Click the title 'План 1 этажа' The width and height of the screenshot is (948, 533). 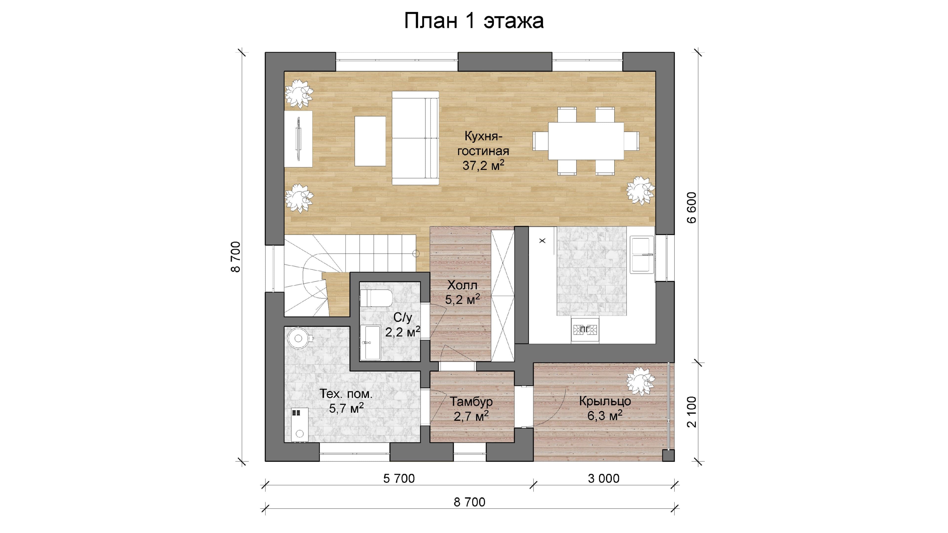click(474, 20)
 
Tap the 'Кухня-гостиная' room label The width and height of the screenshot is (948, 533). click(483, 143)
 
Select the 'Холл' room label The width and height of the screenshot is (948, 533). click(462, 285)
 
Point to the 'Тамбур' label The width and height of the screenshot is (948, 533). click(471, 402)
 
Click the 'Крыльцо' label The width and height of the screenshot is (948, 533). click(605, 401)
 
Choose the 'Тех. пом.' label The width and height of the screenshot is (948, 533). click(346, 394)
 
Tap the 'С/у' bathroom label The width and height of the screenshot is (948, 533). click(403, 317)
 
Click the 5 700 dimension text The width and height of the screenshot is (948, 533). click(399, 478)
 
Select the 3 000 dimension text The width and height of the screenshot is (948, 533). click(604, 478)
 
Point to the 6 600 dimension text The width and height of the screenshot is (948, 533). click(691, 208)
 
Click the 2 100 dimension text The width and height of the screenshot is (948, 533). click(692, 412)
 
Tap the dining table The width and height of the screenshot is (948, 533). click(586, 141)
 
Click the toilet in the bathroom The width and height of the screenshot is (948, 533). click(376, 298)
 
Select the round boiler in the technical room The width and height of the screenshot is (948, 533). click(299, 338)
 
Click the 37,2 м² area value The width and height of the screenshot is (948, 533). click(483, 165)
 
